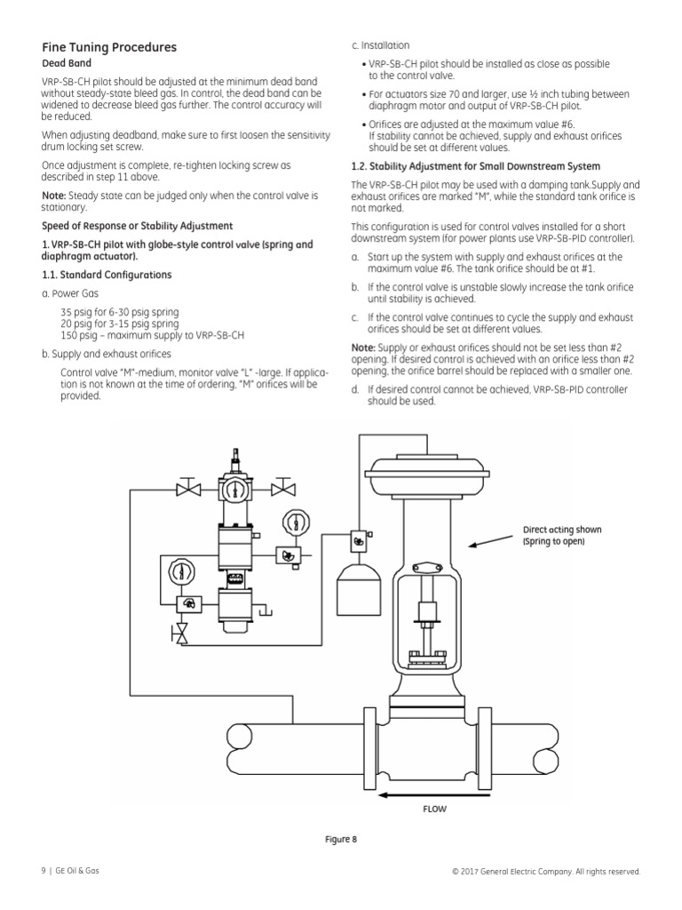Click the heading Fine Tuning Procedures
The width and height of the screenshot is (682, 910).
pos(109,47)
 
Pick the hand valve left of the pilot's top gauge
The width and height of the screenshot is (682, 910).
pos(188,488)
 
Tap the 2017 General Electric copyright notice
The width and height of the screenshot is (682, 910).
pos(545,871)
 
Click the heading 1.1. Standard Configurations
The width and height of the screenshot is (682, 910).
pos(107,275)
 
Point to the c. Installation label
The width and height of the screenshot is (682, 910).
pos(381,45)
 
